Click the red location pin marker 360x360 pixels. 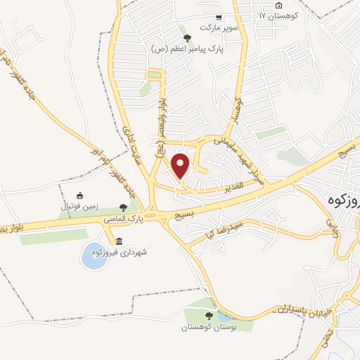(181, 165)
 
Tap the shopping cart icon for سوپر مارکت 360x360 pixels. (219, 18)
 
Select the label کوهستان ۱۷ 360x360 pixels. (280, 15)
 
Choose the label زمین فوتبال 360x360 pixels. (79, 206)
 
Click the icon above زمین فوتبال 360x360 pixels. (79, 195)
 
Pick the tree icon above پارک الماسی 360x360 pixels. (124, 207)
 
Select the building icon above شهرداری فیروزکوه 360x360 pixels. (128, 241)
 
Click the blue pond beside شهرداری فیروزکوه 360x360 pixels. (94, 255)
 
